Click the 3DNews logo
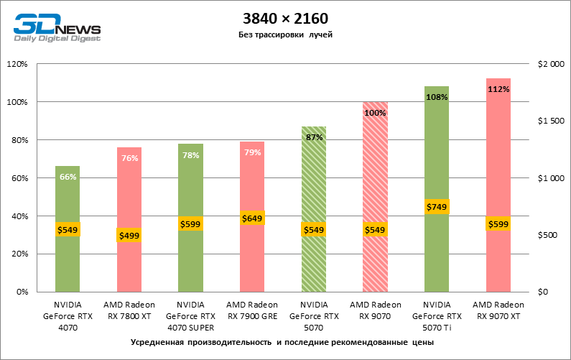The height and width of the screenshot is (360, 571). [56, 27]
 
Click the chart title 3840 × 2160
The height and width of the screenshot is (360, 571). [285, 17]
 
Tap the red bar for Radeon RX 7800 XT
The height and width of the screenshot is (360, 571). [129, 266]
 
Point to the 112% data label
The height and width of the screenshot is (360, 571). [498, 89]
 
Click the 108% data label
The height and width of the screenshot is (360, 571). [437, 97]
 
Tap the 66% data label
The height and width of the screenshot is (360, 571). [68, 177]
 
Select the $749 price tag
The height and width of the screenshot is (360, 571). [437, 207]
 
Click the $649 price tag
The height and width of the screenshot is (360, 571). [252, 218]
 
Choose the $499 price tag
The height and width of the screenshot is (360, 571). [129, 235]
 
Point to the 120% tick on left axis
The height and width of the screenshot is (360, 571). [17, 64]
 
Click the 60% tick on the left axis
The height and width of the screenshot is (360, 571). [18, 178]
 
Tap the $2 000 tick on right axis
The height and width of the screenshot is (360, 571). [552, 64]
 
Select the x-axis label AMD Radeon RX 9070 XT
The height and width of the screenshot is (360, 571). [498, 310]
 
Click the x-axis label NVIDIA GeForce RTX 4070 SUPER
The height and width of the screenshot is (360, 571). [190, 316]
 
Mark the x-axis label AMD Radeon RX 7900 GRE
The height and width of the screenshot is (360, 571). [252, 310]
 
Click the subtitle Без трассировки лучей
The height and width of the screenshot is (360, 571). [285, 34]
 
